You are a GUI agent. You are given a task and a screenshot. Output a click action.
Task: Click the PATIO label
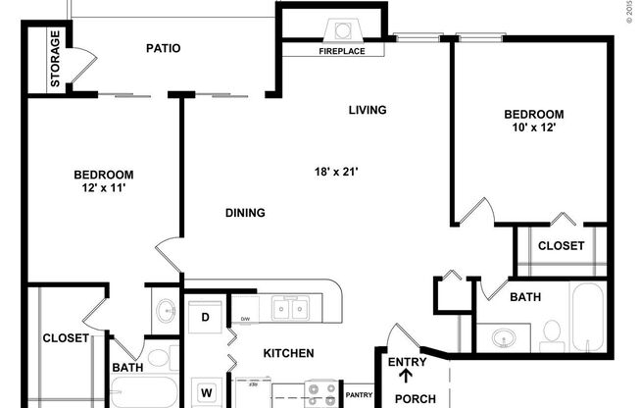pos(163,48)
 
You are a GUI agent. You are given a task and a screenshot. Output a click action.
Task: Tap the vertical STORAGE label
pos(55,61)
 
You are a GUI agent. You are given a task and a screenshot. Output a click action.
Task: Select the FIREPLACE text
pos(342,51)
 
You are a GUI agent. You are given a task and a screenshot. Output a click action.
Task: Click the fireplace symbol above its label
pos(343,29)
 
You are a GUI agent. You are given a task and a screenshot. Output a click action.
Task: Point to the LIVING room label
pos(368,110)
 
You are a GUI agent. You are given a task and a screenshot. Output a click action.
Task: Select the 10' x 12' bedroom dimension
pos(533,127)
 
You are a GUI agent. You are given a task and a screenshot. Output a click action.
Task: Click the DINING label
pos(245,213)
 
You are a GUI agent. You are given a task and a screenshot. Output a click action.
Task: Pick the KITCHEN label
pos(288,353)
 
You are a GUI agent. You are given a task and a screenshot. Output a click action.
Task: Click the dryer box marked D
pos(207,317)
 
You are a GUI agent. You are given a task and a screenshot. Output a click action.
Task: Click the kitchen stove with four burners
pos(319,394)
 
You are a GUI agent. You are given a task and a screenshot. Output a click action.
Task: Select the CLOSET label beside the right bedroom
pos(562,245)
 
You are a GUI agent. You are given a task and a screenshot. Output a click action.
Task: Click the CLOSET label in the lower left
pos(66,338)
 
